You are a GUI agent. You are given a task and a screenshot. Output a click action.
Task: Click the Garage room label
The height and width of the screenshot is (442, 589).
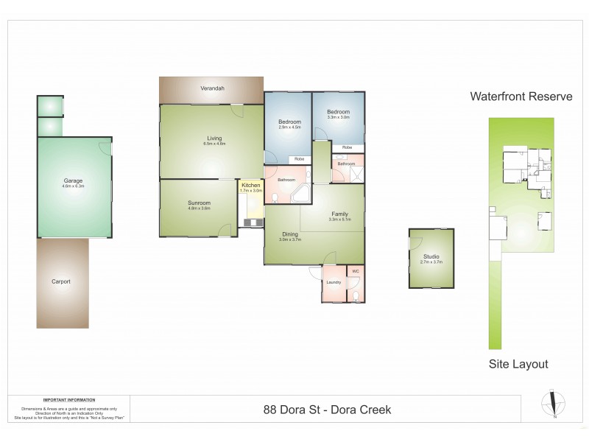click(x=73, y=180)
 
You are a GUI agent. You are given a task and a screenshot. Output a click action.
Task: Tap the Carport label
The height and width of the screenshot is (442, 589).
click(x=61, y=281)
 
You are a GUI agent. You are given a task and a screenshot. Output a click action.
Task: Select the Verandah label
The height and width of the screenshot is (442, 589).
click(x=212, y=88)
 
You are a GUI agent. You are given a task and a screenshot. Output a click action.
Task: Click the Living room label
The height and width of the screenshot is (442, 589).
click(x=214, y=138)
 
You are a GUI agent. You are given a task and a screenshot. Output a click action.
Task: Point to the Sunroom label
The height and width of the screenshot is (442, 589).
click(x=200, y=203)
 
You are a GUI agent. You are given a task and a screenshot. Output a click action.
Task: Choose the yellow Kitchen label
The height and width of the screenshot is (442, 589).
click(x=251, y=185)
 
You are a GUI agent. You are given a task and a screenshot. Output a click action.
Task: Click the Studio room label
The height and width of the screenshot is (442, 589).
click(x=431, y=256)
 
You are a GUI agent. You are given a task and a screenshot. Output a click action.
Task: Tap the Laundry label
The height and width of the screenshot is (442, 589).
click(x=333, y=282)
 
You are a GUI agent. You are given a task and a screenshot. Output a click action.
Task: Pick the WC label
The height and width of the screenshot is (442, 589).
click(x=355, y=271)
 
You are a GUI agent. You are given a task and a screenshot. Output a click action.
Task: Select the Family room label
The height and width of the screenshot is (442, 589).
click(x=339, y=214)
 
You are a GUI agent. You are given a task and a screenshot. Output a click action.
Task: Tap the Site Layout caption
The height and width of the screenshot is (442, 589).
click(x=518, y=364)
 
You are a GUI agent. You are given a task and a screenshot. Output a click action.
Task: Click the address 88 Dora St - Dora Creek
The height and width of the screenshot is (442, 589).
click(x=327, y=410)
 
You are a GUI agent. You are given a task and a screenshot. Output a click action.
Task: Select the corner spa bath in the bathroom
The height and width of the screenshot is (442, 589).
click(x=300, y=194)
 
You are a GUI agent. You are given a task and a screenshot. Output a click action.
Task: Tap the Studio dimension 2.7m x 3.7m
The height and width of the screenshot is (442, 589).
click(x=431, y=262)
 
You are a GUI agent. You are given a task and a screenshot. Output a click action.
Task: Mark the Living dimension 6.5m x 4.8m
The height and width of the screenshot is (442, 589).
click(x=214, y=144)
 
